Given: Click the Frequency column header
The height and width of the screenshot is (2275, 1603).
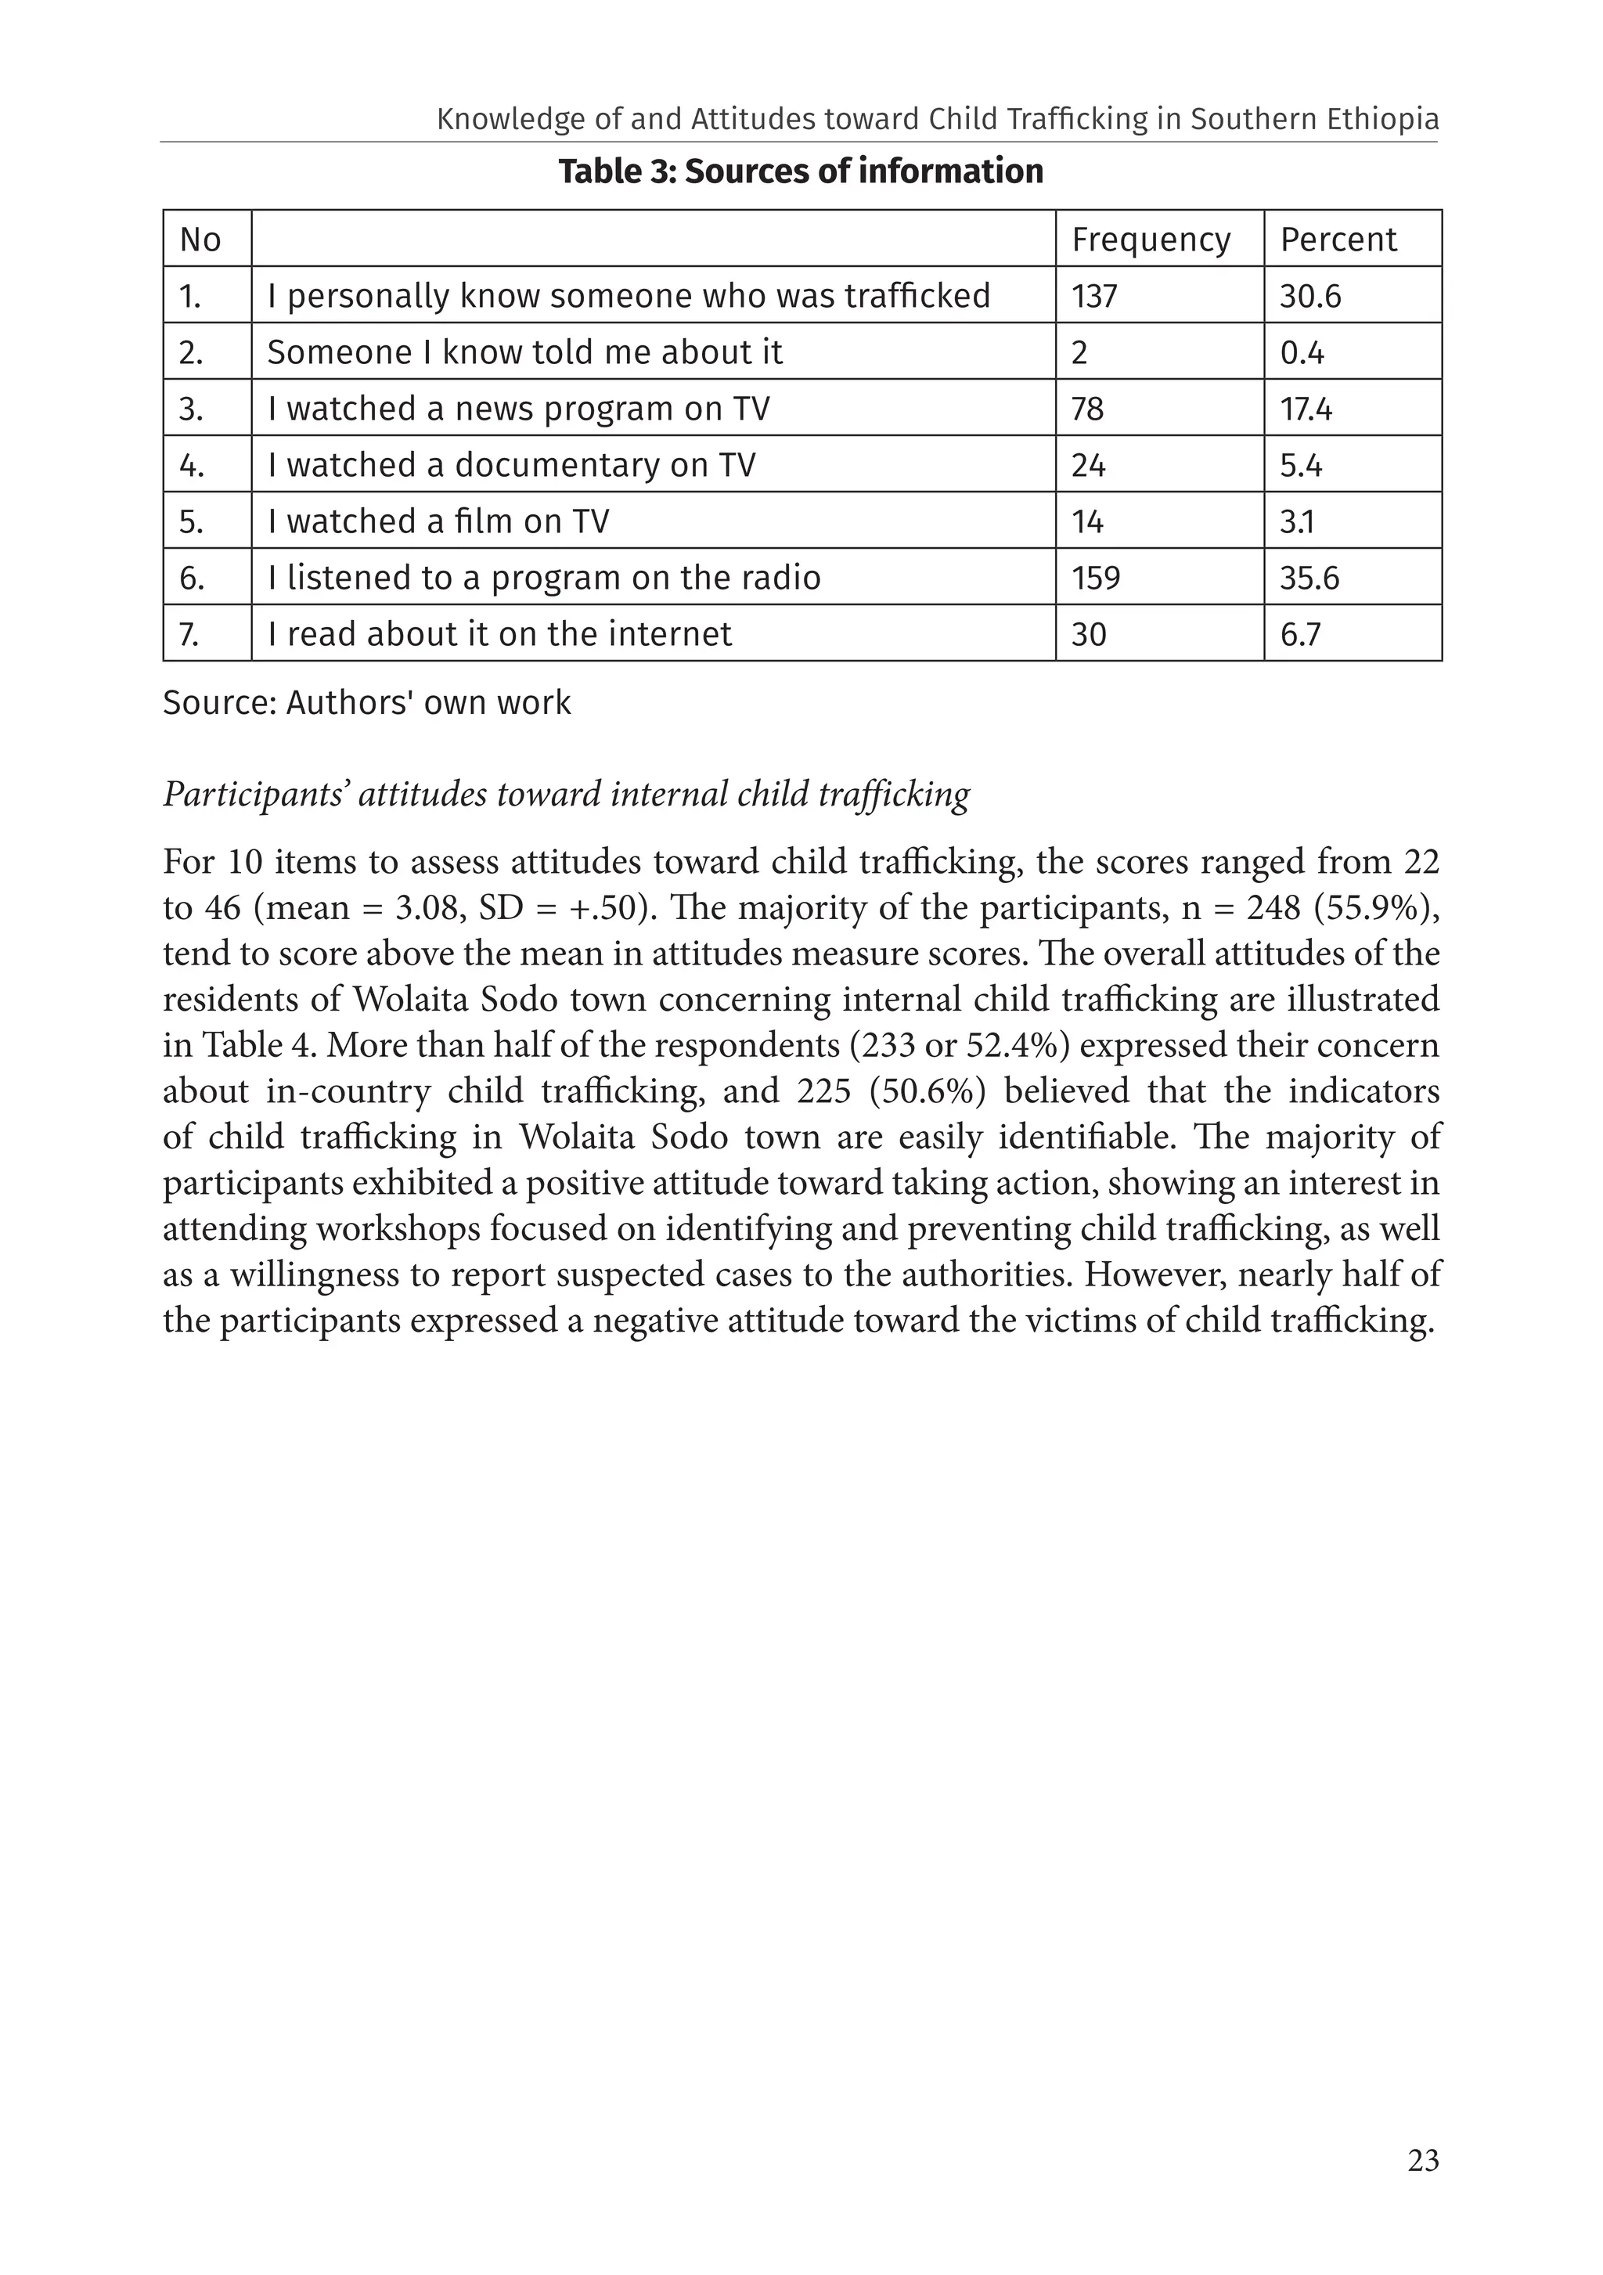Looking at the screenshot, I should pos(1151,240).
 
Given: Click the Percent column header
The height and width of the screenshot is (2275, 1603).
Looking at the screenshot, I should pos(1338,240).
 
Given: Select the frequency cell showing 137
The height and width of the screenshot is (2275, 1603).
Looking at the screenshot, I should pos(1093,296).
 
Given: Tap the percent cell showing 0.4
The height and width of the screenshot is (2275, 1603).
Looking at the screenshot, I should pos(1302,353).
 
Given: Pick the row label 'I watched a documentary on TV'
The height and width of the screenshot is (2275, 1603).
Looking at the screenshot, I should pos(511,466).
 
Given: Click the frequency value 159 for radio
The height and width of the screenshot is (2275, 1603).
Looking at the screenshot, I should pos(1096,578).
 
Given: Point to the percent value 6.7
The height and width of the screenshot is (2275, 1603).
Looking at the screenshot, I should pos(1301,634).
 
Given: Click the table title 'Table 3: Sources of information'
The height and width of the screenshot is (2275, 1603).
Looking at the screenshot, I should pos(801,171).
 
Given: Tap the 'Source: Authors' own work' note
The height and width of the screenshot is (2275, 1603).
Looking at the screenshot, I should pos(366,702).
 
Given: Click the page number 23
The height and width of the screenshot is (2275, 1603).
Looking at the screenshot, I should pos(1423,2161).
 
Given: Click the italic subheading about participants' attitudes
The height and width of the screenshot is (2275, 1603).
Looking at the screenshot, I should pos(566,795).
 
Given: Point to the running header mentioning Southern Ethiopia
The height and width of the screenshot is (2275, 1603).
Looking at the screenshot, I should pos(937,120).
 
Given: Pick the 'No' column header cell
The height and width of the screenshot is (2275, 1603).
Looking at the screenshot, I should pos(200,240).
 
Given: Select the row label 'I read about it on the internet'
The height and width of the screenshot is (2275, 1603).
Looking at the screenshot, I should pos(499,634).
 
